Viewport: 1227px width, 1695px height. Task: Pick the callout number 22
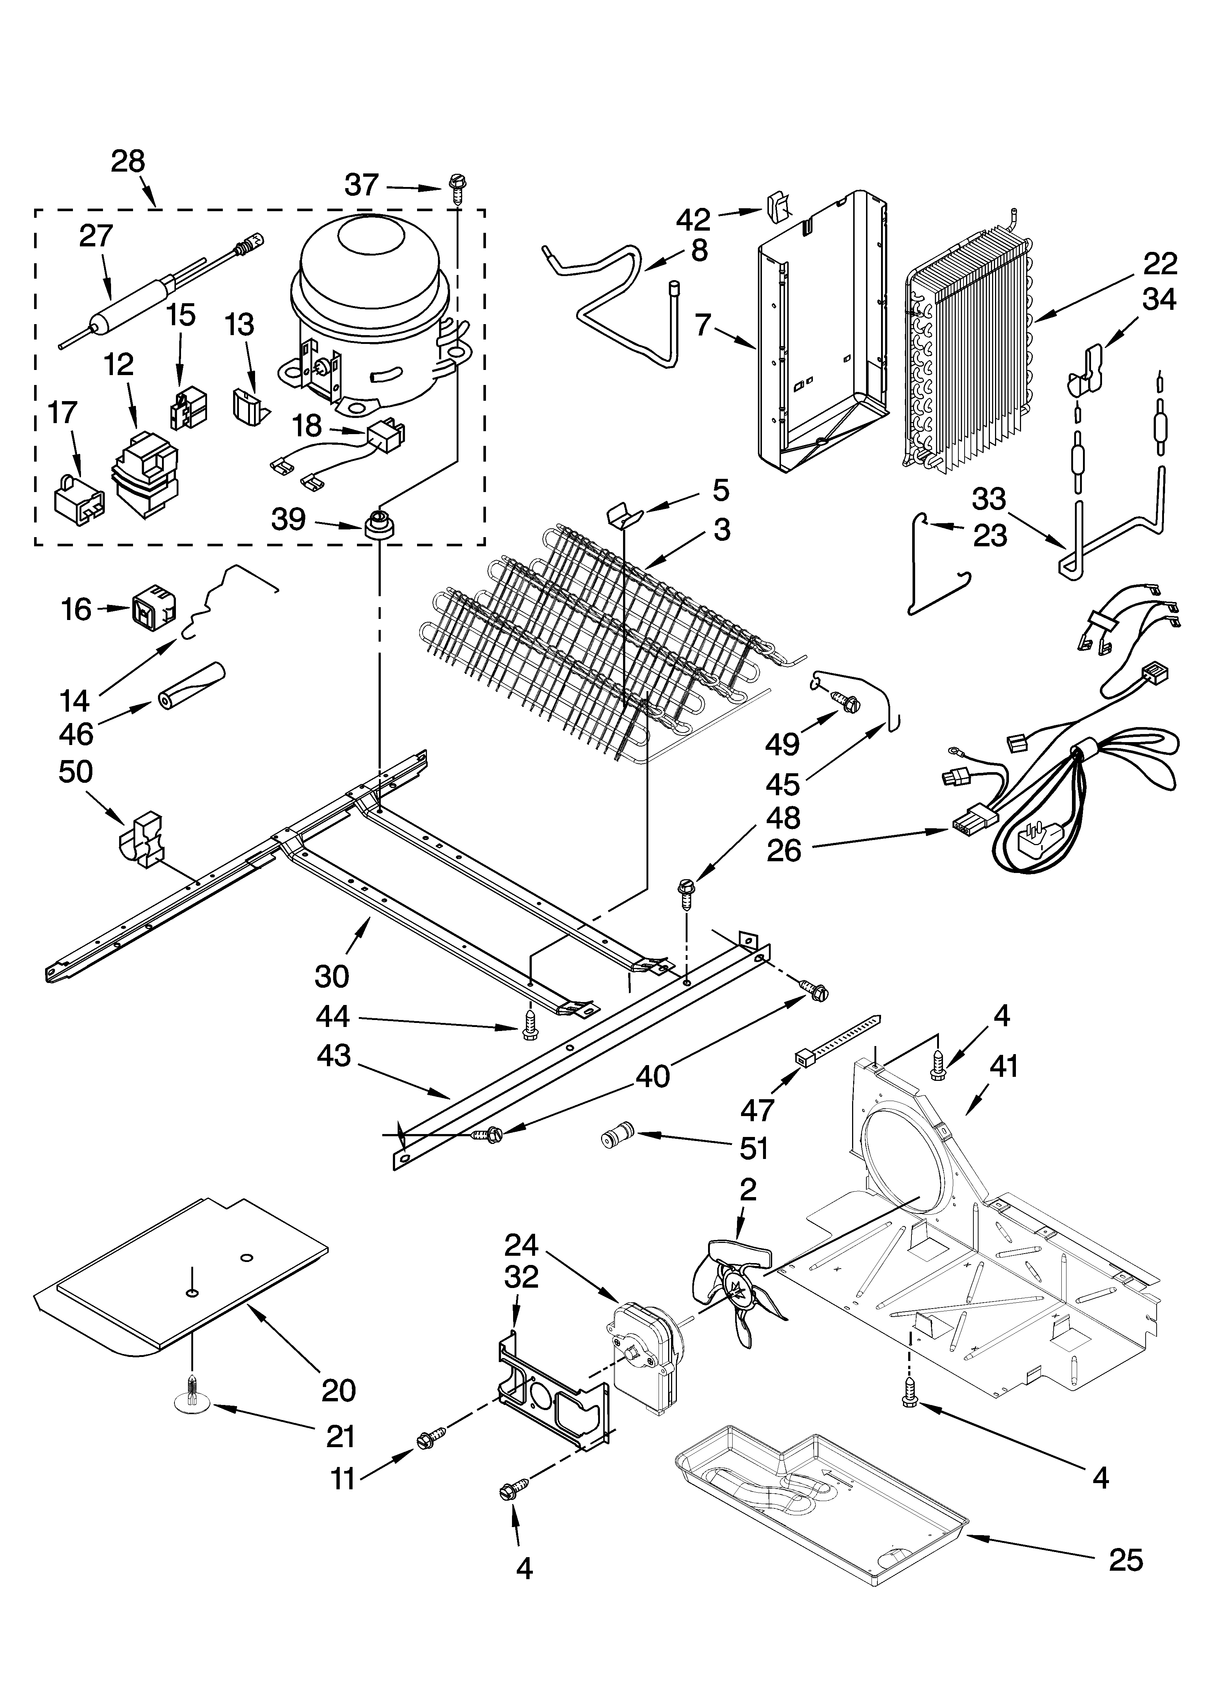(x=1160, y=264)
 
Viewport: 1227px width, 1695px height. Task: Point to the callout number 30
(x=332, y=976)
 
